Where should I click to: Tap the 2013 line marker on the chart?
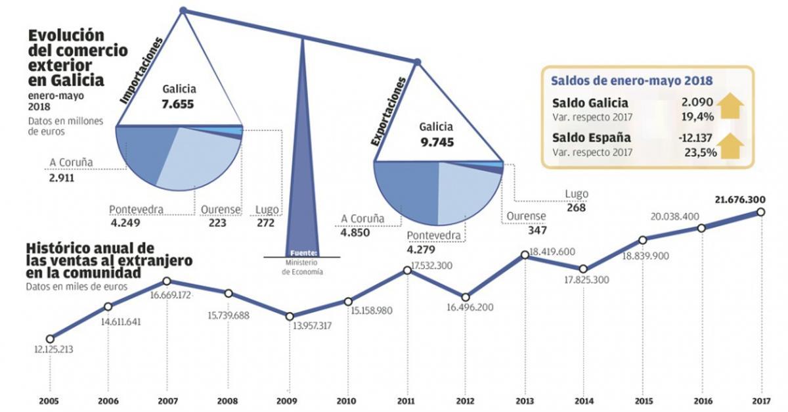tap(524, 255)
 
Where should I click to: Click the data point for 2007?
tap(167, 281)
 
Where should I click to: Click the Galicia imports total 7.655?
tap(178, 103)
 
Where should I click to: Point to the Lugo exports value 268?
tap(575, 208)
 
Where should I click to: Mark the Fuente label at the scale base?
tap(303, 252)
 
